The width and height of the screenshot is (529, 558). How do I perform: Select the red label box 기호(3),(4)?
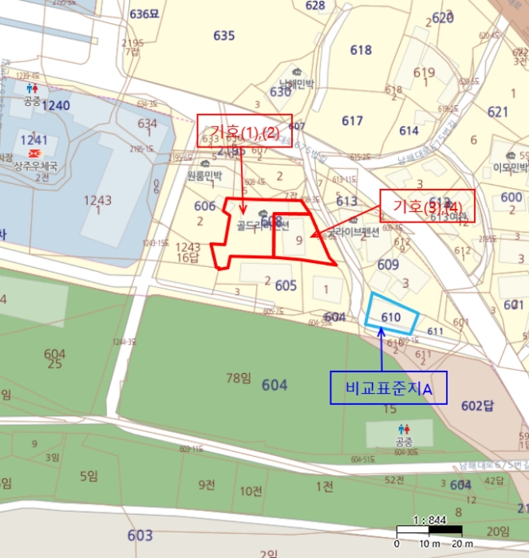coord(426,206)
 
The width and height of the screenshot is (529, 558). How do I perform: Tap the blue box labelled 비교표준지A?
coord(388,388)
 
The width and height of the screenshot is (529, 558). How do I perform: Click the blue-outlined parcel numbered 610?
coord(391,316)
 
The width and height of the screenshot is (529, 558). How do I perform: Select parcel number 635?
coord(224,35)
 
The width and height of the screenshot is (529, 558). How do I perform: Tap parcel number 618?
coord(361,50)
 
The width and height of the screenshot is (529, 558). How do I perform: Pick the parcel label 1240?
coord(56,105)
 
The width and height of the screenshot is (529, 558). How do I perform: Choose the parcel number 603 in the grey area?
coord(140,535)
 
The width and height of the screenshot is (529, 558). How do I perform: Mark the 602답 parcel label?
coord(477,406)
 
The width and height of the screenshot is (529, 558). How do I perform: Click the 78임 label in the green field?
coord(239,377)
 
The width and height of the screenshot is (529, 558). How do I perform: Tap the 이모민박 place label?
coord(511,167)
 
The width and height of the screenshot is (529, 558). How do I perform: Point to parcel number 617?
coord(352,120)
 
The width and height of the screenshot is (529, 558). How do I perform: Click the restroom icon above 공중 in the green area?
coord(403,429)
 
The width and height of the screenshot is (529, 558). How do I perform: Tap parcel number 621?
coord(497,112)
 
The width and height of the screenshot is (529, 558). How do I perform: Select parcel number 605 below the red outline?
coord(286,285)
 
